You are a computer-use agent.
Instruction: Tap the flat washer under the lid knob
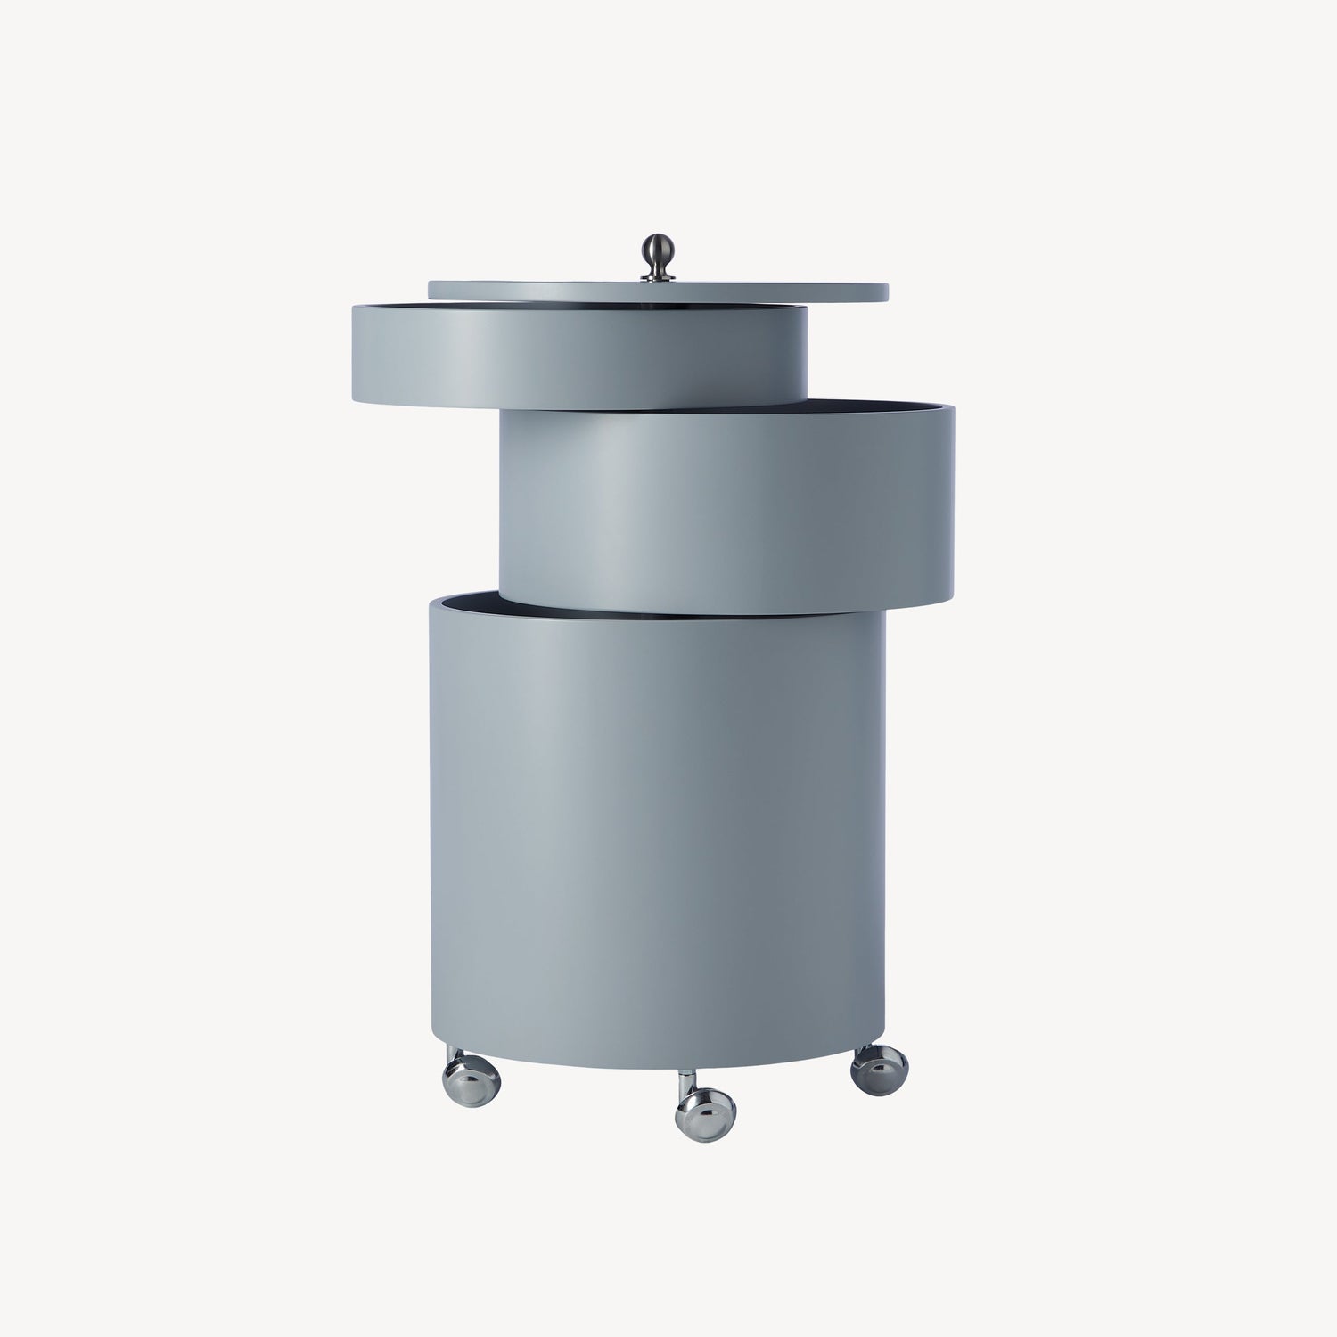(x=658, y=279)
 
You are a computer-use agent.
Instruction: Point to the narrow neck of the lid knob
(x=658, y=267)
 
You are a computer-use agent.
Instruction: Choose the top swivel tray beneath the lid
(x=579, y=357)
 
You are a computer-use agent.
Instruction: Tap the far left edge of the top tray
(x=354, y=357)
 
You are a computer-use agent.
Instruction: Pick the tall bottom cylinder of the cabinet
(x=658, y=829)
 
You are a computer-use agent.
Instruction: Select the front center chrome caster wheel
(x=705, y=1114)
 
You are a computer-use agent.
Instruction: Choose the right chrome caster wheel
(x=879, y=1070)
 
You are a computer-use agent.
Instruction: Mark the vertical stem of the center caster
(x=685, y=1081)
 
